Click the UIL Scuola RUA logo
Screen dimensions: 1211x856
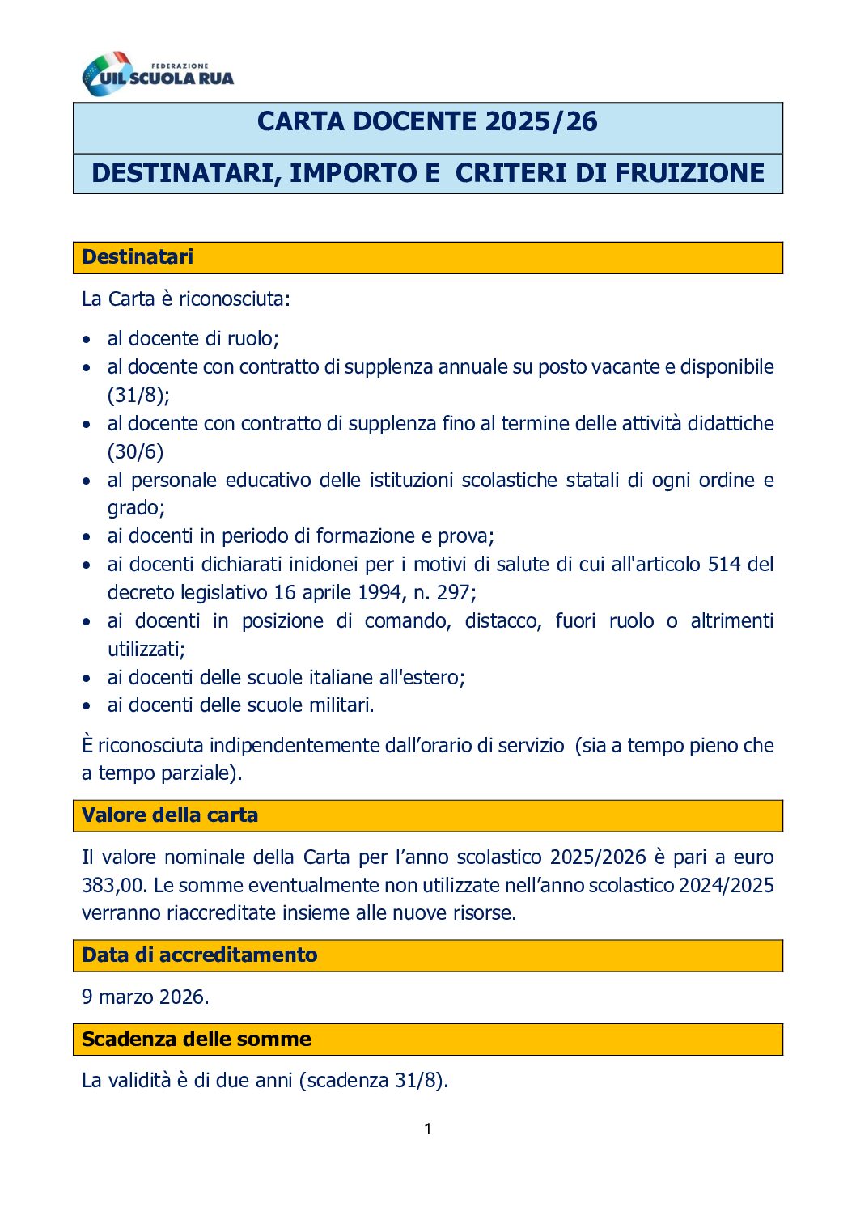pos(158,74)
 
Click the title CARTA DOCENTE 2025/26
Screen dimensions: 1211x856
pos(427,122)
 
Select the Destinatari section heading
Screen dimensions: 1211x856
pos(138,257)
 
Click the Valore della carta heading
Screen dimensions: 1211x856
pos(170,815)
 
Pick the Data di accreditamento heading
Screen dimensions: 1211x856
pos(199,955)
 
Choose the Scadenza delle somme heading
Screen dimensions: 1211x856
pos(196,1040)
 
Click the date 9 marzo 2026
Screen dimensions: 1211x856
pos(145,997)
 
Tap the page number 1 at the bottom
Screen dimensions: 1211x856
pos(428,1129)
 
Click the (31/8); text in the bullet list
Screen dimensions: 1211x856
pos(138,396)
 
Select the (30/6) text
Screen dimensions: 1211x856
pos(135,452)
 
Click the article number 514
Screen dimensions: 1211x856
pos(724,565)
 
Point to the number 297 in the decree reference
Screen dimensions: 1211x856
pos(454,593)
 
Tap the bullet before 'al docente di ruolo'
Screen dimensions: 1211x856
pos(87,340)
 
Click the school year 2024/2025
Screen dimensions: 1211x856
pos(726,885)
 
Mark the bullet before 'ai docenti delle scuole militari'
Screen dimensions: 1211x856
pos(87,706)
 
